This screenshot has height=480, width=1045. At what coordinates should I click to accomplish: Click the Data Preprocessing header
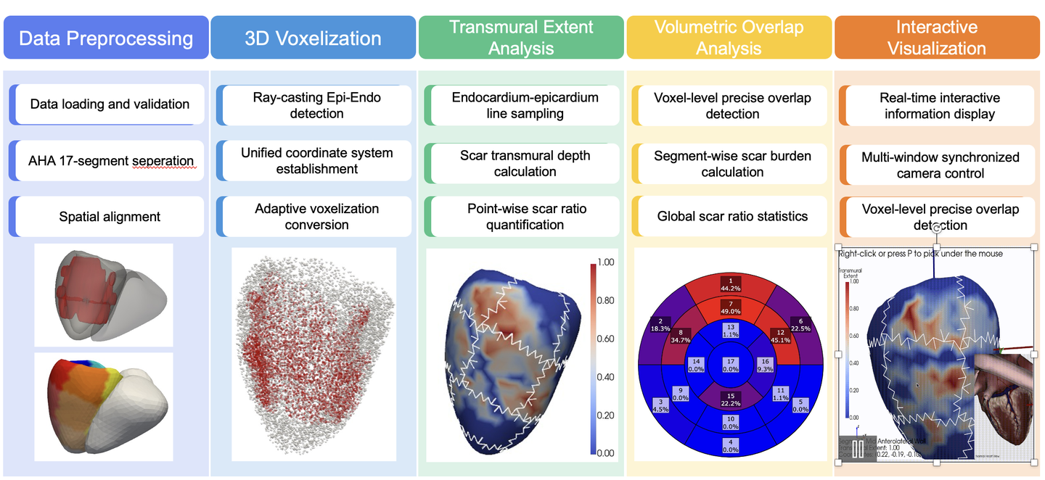(x=106, y=38)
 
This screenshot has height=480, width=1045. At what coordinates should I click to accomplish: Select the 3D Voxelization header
(x=313, y=38)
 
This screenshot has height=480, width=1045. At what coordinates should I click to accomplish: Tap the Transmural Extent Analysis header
(x=521, y=38)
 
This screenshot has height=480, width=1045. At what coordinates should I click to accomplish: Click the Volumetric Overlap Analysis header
(x=729, y=38)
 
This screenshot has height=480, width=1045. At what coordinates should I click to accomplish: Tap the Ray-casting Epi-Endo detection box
(x=316, y=105)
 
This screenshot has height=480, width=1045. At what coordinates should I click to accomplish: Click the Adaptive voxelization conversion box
(x=316, y=216)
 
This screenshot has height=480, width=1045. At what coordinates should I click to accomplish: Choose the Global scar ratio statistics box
(x=732, y=216)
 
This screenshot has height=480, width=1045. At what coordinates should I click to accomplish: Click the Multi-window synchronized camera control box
(x=940, y=165)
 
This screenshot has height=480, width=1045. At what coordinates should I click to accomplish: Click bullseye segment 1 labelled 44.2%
(x=731, y=284)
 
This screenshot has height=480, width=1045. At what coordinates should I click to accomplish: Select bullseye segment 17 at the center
(x=731, y=365)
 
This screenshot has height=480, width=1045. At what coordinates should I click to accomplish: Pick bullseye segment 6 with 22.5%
(x=801, y=324)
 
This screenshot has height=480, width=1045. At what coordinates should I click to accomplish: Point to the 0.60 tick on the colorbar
(x=605, y=339)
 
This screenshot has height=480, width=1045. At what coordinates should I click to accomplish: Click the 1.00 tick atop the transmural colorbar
(x=605, y=262)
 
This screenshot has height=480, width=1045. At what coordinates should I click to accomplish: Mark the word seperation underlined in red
(x=164, y=161)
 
